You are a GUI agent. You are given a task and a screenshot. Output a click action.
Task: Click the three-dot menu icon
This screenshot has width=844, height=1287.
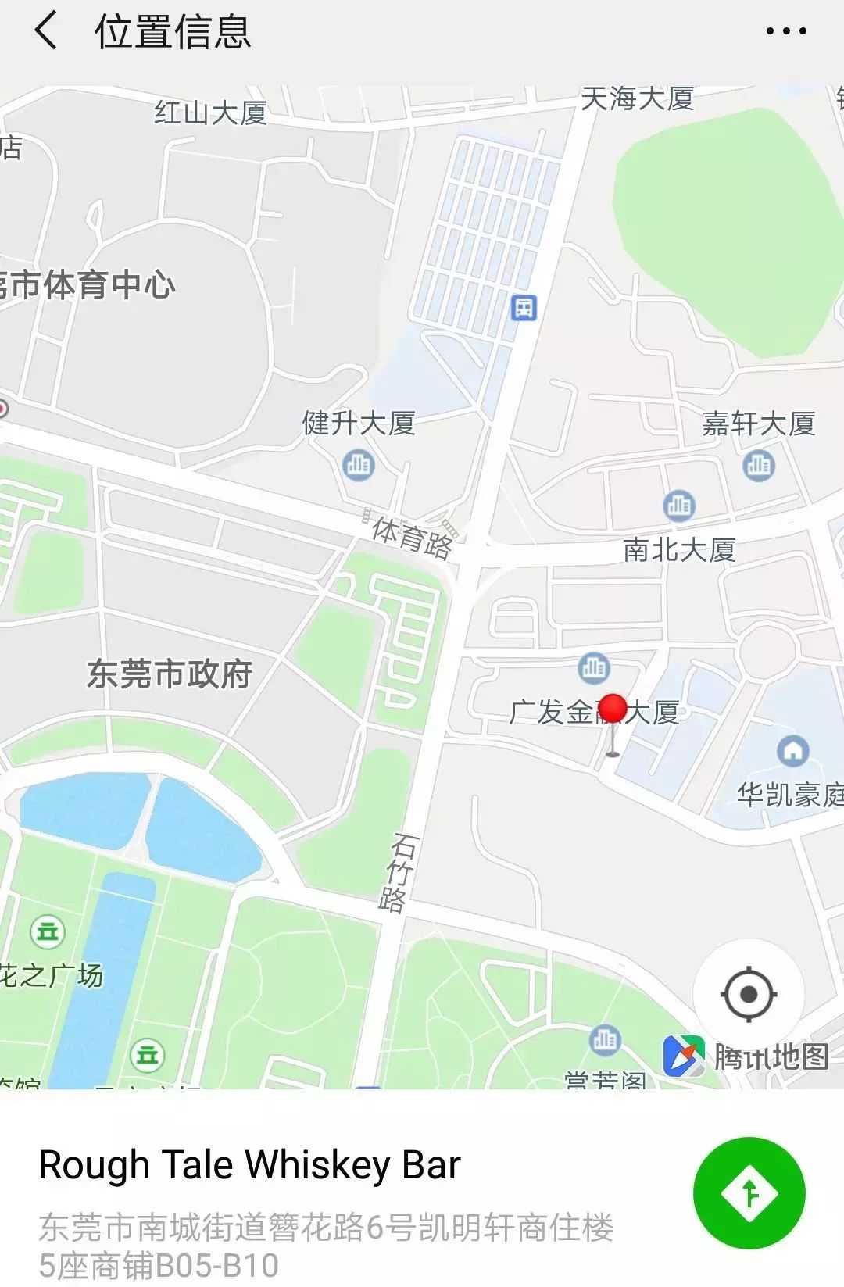pyautogui.click(x=785, y=31)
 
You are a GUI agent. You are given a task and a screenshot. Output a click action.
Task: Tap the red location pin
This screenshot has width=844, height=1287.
pyautogui.click(x=613, y=710)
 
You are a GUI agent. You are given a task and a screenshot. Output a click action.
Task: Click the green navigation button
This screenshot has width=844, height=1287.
pyautogui.click(x=749, y=1192)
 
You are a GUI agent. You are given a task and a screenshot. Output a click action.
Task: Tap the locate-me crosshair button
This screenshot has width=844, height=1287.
pyautogui.click(x=749, y=995)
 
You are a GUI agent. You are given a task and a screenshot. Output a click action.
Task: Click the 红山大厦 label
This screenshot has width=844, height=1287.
pyautogui.click(x=210, y=113)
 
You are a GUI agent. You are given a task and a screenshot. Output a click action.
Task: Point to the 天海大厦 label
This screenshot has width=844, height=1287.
pyautogui.click(x=637, y=98)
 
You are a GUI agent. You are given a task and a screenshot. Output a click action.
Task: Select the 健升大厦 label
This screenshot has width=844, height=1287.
pyautogui.click(x=359, y=424)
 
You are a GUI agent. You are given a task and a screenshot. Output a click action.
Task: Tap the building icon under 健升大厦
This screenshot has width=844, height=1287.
pyautogui.click(x=359, y=465)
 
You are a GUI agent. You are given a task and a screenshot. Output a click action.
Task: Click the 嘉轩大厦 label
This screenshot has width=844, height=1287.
pyautogui.click(x=758, y=424)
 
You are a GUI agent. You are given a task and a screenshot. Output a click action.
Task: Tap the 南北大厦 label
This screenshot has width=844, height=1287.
pyautogui.click(x=679, y=550)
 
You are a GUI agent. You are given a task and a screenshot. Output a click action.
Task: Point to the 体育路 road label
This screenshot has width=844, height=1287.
pyautogui.click(x=412, y=537)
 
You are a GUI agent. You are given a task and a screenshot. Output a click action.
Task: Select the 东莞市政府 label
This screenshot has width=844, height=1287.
pyautogui.click(x=169, y=674)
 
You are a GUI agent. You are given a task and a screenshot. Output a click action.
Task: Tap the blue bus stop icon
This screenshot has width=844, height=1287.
pyautogui.click(x=524, y=307)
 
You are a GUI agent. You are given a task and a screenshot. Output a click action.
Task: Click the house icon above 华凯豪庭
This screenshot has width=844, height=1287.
pyautogui.click(x=792, y=751)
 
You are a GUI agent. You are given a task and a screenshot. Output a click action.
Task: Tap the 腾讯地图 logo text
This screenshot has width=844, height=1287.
pyautogui.click(x=770, y=1056)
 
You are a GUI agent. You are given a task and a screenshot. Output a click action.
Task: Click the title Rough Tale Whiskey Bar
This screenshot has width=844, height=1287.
pyautogui.click(x=249, y=1165)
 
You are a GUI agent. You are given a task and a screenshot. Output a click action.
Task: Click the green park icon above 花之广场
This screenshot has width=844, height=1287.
pyautogui.click(x=48, y=931)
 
